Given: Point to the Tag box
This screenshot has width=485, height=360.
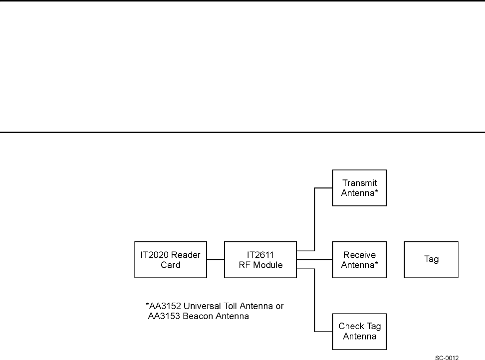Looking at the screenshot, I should pos(431,260).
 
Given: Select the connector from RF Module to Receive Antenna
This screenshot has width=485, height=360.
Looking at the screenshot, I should pos(314,260).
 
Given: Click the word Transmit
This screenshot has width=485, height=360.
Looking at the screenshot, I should pos(359,183).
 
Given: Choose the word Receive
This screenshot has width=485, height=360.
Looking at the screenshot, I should pos(359,255).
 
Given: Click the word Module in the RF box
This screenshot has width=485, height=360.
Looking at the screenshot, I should pos(269,264).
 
